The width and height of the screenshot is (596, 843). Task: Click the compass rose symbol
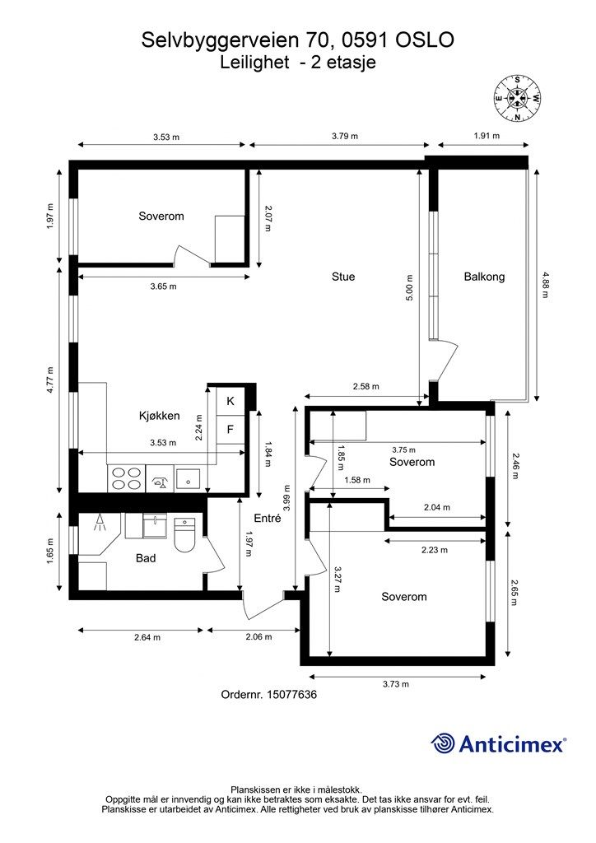517,99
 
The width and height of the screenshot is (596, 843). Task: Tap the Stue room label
343,277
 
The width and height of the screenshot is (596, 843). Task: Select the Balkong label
484,277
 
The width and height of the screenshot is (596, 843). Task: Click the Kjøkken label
159,416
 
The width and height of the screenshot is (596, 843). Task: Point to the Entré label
267,519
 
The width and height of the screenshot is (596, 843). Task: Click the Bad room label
146,558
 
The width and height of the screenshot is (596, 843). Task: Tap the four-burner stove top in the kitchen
126,478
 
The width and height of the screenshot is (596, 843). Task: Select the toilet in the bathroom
185,534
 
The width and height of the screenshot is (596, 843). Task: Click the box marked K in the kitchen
230,401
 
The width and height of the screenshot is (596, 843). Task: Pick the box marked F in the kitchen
230,430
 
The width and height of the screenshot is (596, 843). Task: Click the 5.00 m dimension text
410,287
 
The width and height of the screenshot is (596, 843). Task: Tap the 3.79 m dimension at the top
345,136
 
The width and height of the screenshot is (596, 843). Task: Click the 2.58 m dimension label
366,386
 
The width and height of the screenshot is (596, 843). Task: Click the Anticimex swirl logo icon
443,743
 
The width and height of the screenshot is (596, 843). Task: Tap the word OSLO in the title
425,40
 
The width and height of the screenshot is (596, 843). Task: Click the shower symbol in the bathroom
99,522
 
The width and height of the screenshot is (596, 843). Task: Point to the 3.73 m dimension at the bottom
396,684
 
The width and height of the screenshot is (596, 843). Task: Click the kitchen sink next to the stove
160,478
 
